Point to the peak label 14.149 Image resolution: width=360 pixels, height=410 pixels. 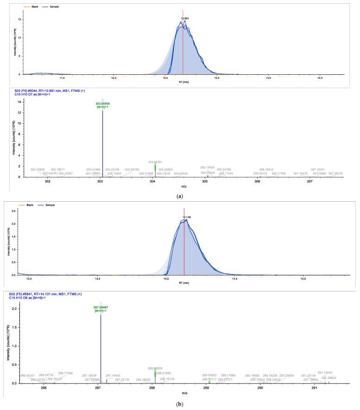pyautogui.click(x=186, y=217)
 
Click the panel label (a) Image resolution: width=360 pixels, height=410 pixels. pyautogui.click(x=180, y=197)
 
